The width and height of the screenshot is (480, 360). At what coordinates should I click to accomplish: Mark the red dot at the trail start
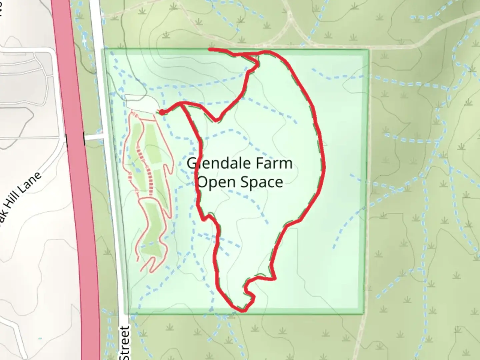pyautogui.click(x=161, y=113)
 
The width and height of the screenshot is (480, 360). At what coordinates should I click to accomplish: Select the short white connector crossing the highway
pyautogui.click(x=94, y=137)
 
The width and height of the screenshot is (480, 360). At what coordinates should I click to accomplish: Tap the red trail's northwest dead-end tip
pyautogui.click(x=210, y=50)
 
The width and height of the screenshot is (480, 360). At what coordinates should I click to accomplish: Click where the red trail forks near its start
pyautogui.click(x=182, y=104)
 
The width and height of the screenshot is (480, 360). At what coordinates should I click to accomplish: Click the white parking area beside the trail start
pyautogui.click(x=142, y=104)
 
